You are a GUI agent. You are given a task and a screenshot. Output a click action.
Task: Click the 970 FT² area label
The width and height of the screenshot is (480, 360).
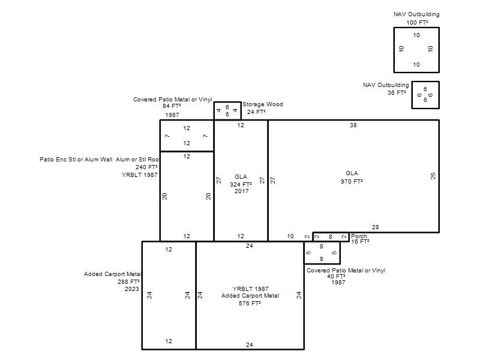pyautogui.click(x=352, y=182)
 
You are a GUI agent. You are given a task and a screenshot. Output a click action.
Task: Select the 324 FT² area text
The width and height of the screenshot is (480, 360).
pyautogui.click(x=241, y=184)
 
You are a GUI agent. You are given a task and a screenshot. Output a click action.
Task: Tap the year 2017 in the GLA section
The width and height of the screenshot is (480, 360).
pyautogui.click(x=242, y=191)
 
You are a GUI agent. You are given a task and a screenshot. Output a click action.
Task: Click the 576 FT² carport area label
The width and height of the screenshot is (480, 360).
pyautogui.click(x=250, y=303)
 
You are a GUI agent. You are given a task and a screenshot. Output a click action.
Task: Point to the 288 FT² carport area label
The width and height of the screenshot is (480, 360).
pyautogui.click(x=128, y=281)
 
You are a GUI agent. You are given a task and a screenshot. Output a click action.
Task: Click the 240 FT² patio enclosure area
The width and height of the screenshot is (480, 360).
pyautogui.click(x=146, y=167)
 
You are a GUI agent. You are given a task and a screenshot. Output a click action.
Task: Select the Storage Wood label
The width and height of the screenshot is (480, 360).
pyautogui.click(x=263, y=104)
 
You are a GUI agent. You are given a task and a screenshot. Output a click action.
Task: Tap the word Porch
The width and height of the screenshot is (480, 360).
pyautogui.click(x=359, y=236)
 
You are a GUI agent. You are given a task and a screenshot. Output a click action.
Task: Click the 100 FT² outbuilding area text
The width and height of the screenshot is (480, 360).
pyautogui.click(x=417, y=22)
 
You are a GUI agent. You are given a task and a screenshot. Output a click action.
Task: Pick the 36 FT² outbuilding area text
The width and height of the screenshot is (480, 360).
pyautogui.click(x=397, y=92)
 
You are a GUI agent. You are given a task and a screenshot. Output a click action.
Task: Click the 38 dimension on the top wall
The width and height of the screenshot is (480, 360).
pyautogui.click(x=353, y=125)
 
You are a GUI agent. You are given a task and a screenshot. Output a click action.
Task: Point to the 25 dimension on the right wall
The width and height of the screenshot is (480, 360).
pyautogui.click(x=433, y=176)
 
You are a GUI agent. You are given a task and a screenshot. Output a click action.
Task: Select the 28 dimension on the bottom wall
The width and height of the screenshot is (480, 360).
pyautogui.click(x=376, y=227)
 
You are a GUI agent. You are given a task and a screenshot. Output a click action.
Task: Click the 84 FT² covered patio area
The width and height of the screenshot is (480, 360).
pyautogui.click(x=172, y=106)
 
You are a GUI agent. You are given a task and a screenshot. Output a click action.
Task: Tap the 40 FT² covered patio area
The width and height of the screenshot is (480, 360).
pyautogui.click(x=336, y=276)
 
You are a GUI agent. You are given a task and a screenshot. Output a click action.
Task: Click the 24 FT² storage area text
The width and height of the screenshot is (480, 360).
pyautogui.click(x=256, y=112)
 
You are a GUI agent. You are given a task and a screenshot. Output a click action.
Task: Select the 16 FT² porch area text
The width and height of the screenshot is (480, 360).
pyautogui.click(x=360, y=242)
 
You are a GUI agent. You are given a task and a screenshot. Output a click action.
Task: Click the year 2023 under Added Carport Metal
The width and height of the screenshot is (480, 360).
pyautogui.click(x=131, y=289)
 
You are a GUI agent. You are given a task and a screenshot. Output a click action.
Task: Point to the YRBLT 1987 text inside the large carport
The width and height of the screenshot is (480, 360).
pyautogui.click(x=250, y=289)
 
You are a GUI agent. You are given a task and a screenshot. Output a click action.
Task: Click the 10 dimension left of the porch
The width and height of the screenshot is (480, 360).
pyautogui.click(x=290, y=236)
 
